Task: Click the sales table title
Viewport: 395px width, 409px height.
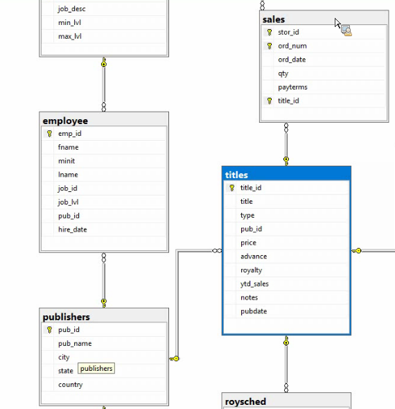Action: tap(274, 19)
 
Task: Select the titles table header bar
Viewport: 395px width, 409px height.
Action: tap(286, 174)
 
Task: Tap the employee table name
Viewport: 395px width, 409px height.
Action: tap(65, 121)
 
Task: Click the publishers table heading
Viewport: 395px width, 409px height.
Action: tap(67, 317)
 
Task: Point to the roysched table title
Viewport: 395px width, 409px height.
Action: tap(245, 401)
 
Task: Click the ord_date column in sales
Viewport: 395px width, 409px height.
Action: tap(292, 60)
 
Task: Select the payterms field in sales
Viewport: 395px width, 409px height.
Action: tap(292, 87)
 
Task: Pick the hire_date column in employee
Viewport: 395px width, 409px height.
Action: tap(73, 229)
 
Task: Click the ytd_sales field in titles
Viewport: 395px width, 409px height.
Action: tap(254, 284)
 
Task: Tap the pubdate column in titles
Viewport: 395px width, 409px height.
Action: tap(254, 311)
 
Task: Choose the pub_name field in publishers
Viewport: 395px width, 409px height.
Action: tap(75, 344)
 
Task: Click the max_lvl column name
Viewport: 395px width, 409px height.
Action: tap(70, 36)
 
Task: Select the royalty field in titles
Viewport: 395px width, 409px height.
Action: tap(251, 270)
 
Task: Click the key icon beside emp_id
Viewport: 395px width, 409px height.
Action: tap(49, 134)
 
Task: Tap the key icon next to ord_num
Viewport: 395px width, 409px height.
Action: tap(270, 46)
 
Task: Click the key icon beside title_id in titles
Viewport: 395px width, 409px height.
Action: tap(231, 188)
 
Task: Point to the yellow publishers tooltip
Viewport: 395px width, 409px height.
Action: tap(96, 368)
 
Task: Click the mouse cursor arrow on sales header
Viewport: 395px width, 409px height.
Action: tap(337, 23)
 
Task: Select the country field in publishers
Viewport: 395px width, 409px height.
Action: tap(71, 385)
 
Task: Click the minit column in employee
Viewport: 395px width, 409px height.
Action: tap(67, 161)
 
